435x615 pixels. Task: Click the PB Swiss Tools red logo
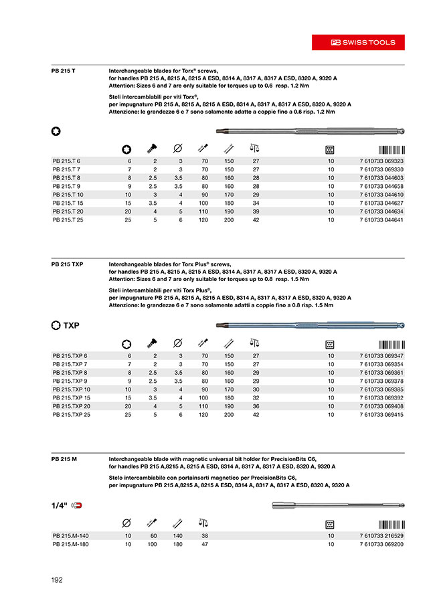(364, 42)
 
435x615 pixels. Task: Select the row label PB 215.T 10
(68, 194)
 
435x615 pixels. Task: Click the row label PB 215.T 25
(68, 219)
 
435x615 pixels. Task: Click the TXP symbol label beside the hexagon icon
(72, 325)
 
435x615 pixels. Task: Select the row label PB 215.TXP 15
(71, 398)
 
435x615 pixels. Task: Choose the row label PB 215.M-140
(70, 536)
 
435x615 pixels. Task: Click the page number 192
(57, 580)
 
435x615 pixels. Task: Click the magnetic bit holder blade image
(345, 507)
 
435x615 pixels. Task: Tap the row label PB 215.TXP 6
(70, 355)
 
